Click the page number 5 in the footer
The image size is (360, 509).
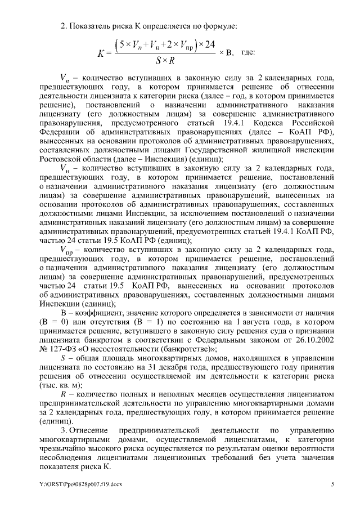332,484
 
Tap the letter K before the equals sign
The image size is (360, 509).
101,53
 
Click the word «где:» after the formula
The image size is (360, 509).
247,52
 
